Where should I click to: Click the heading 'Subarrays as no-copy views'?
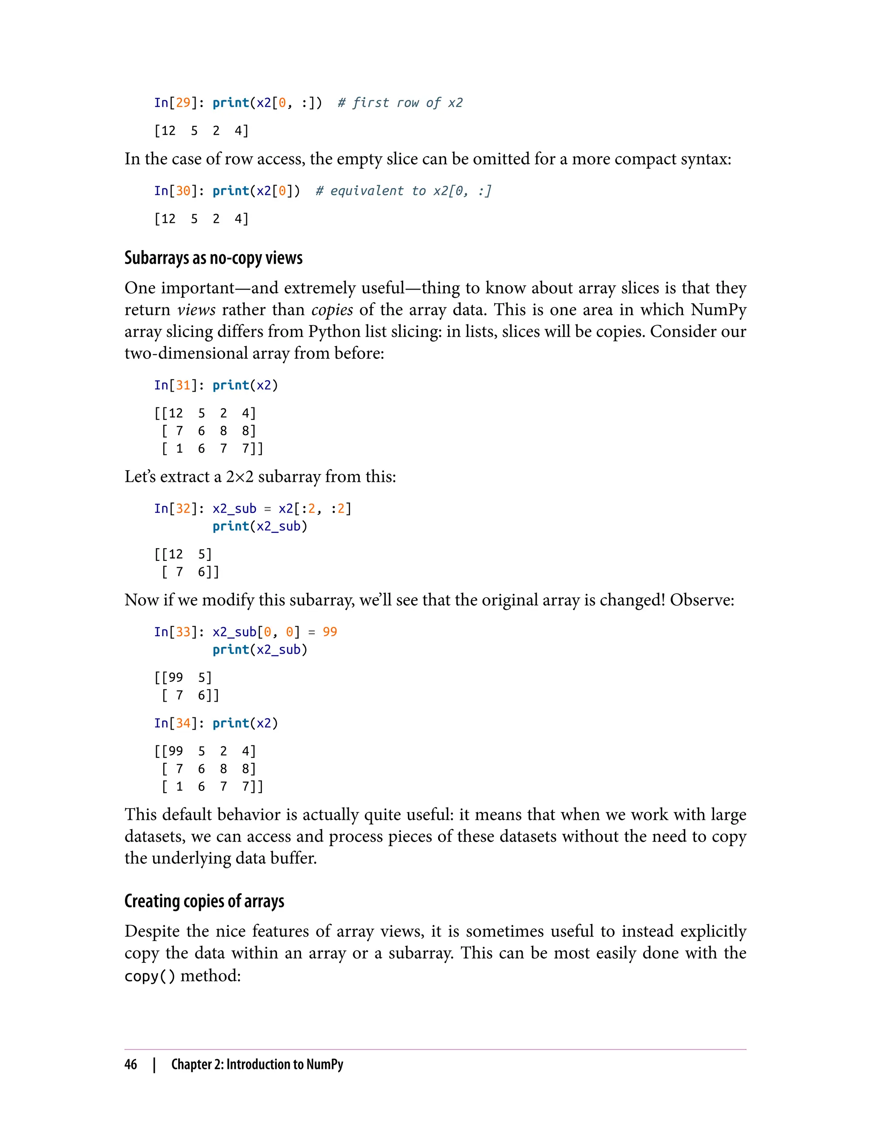[x=213, y=258]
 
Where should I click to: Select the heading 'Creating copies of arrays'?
[x=204, y=901]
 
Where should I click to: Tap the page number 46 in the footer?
[x=131, y=1064]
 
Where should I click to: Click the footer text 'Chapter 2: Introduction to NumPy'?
[x=257, y=1064]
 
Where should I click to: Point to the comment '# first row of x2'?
[x=400, y=102]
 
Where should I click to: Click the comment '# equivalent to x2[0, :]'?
[x=403, y=191]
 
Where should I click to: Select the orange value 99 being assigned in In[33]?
[x=330, y=632]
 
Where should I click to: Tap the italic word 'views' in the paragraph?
[x=196, y=310]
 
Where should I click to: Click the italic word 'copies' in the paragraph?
[x=332, y=310]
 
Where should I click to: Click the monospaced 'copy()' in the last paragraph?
[x=150, y=976]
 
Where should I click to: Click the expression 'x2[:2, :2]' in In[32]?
[x=315, y=509]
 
